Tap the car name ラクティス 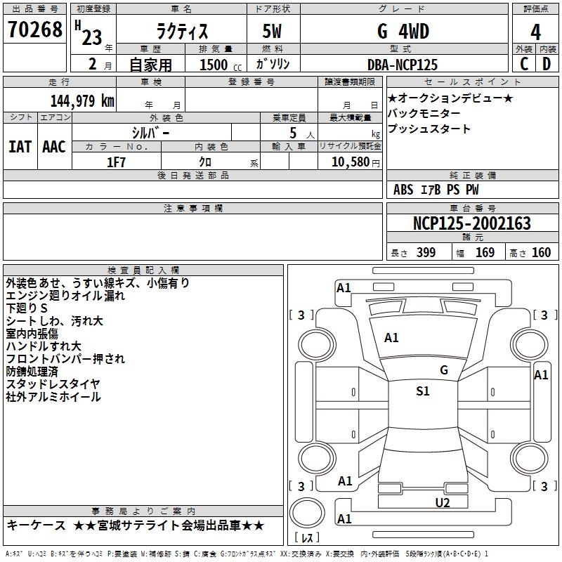click(x=181, y=32)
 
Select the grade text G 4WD click(x=403, y=32)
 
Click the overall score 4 click(x=536, y=32)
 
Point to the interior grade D click(x=547, y=64)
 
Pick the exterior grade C click(x=524, y=64)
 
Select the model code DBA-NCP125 click(x=403, y=65)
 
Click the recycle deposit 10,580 click(x=348, y=162)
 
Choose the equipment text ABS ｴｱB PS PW click(x=436, y=190)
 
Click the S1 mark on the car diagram click(x=423, y=392)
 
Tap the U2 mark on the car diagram click(x=443, y=502)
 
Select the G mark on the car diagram click(x=444, y=370)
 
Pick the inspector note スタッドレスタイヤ click(x=53, y=384)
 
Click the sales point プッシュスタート click(x=429, y=129)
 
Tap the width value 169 click(x=485, y=253)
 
